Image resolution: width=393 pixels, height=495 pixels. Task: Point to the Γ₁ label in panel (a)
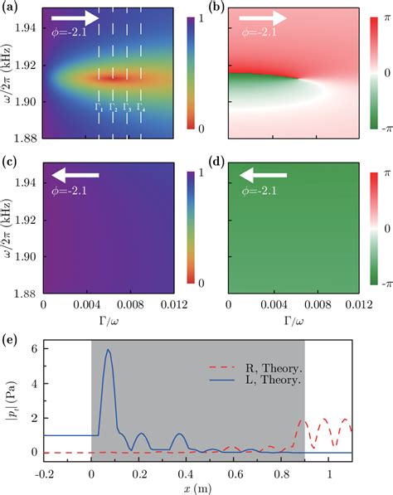point(99,107)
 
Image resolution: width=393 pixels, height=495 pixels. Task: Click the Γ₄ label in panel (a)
point(140,107)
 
